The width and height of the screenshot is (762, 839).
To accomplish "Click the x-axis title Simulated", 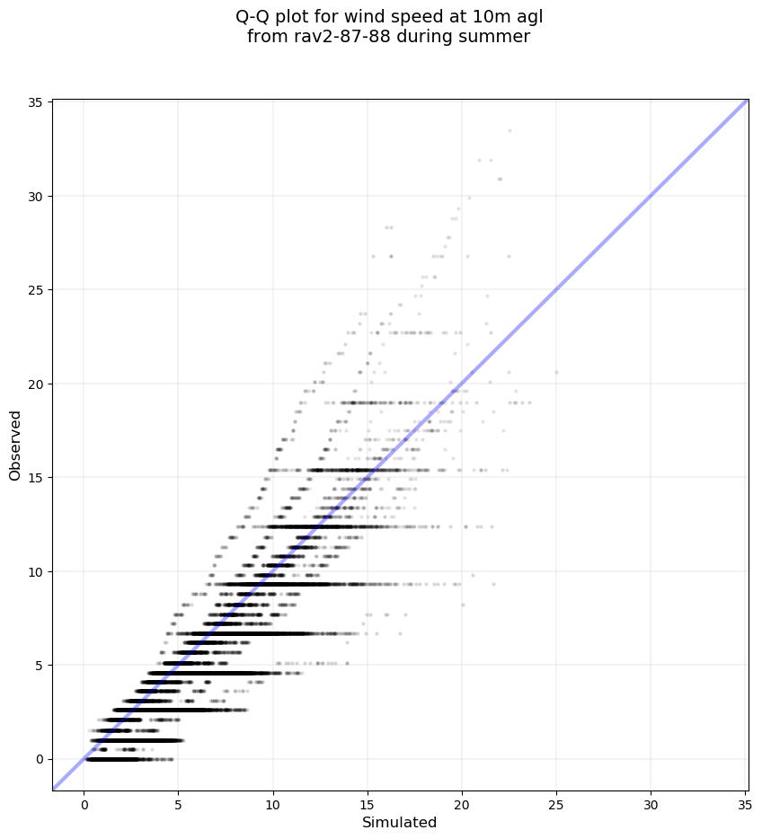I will coord(399,823).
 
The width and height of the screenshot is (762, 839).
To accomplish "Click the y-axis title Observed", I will coord(15,445).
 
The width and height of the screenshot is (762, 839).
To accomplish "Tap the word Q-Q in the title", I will coord(254,16).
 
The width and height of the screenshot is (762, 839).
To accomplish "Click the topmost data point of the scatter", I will coord(509,130).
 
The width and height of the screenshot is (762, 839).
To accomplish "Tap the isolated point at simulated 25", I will coord(556,372).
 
